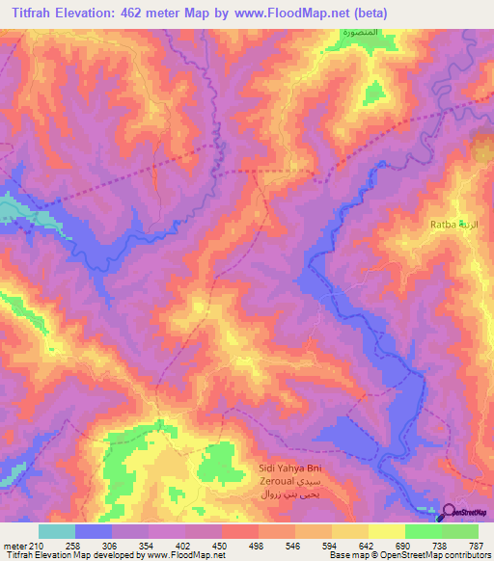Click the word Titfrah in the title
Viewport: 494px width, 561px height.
pos(26,13)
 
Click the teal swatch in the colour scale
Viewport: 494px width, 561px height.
pos(57,532)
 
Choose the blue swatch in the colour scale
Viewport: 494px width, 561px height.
pos(94,532)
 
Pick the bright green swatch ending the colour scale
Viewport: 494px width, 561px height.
pos(459,532)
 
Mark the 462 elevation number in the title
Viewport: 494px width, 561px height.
pos(130,13)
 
